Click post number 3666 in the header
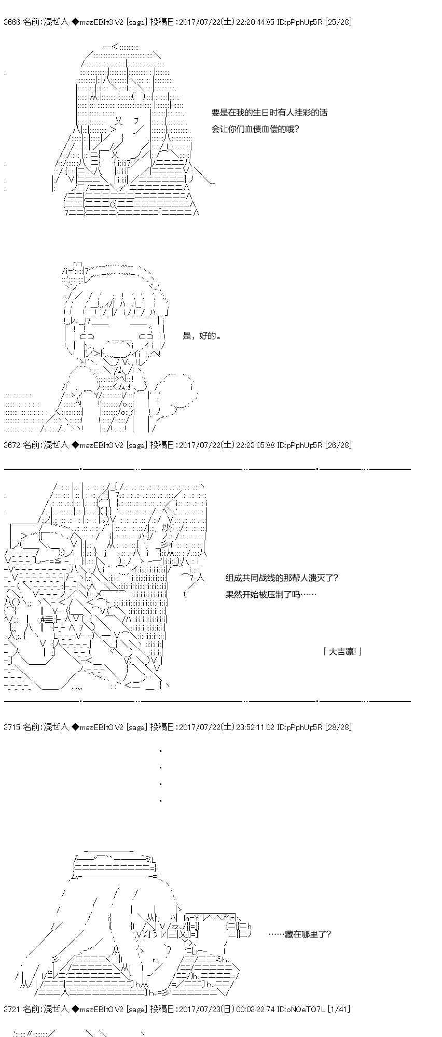coord(11,22)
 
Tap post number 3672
coord(11,445)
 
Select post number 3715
coord(11,727)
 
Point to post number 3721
coord(11,1008)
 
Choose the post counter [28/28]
coord(338,727)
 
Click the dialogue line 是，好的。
coord(202,336)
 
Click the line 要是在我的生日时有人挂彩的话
coord(269,113)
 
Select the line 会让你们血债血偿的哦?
coord(255,129)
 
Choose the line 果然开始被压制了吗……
coord(271,594)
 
